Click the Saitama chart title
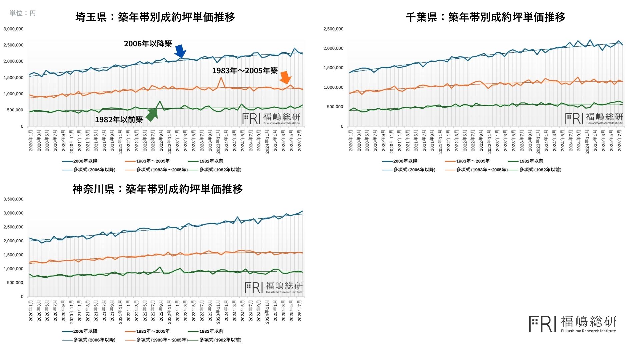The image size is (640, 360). (x=155, y=17)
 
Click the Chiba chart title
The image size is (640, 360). (x=485, y=17)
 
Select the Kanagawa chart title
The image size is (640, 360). (x=157, y=189)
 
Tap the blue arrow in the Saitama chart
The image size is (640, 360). (x=180, y=51)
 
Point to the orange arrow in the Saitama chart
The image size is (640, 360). (x=285, y=78)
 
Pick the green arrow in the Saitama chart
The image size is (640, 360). (x=152, y=114)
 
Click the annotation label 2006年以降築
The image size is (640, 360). (x=148, y=44)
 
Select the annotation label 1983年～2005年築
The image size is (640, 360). (x=245, y=71)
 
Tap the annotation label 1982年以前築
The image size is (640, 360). (x=119, y=120)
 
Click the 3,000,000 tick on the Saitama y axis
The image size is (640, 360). (x=14, y=29)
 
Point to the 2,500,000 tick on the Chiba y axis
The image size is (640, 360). (x=333, y=29)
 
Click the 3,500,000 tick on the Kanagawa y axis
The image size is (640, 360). (x=14, y=199)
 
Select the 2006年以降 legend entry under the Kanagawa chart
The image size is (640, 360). (x=80, y=331)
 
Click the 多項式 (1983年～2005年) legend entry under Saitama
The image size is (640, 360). (x=157, y=170)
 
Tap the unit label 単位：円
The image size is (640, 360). (x=23, y=13)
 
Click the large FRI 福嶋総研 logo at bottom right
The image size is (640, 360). (x=573, y=324)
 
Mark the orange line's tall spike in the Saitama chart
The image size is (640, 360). (x=221, y=77)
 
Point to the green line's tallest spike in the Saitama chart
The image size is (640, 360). (x=160, y=101)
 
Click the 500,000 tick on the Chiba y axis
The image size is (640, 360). (x=335, y=107)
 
